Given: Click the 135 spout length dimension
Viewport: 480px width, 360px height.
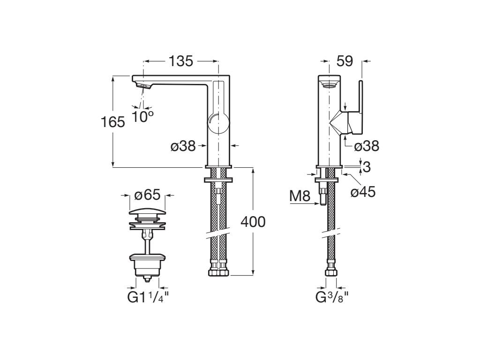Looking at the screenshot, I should (x=180, y=61).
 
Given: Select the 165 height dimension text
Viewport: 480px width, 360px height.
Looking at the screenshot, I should (x=113, y=122).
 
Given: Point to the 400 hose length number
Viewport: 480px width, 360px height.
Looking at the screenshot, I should (x=253, y=222).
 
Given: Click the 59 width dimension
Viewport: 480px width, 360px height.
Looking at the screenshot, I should (x=345, y=61).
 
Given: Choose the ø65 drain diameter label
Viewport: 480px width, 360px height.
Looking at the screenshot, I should (x=147, y=195).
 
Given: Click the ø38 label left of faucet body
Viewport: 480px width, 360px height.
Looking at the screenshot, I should (x=183, y=146).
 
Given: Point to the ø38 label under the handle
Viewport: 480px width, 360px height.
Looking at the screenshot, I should (x=367, y=146).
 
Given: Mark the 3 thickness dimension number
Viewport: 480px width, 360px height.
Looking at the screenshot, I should (x=367, y=166).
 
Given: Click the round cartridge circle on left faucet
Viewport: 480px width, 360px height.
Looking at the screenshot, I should (x=218, y=124).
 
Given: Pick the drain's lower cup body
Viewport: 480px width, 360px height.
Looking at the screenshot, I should (x=147, y=266).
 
